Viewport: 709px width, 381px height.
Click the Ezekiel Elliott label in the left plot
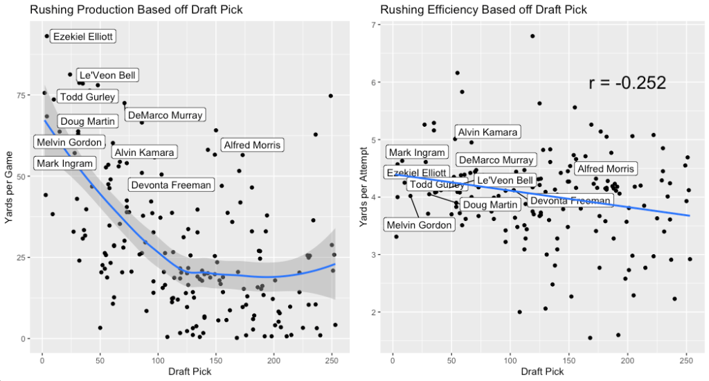(83, 37)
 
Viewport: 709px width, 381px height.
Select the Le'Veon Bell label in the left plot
(108, 76)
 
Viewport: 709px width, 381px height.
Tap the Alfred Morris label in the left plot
(251, 145)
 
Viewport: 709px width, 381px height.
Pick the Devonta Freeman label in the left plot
(170, 185)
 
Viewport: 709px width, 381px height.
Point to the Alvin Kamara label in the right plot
(487, 132)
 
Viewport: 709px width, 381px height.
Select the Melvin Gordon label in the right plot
(419, 224)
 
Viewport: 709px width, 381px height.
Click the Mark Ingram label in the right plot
(417, 152)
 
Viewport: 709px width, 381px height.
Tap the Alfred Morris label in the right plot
(605, 168)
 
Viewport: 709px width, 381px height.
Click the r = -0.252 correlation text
(627, 83)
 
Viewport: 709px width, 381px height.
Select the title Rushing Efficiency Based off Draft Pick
(483, 10)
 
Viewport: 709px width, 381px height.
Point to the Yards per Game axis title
(8, 187)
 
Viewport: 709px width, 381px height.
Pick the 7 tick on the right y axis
(374, 25)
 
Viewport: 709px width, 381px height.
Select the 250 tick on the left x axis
(332, 359)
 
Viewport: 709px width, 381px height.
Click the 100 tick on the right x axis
(510, 359)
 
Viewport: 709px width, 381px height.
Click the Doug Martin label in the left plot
(87, 122)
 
